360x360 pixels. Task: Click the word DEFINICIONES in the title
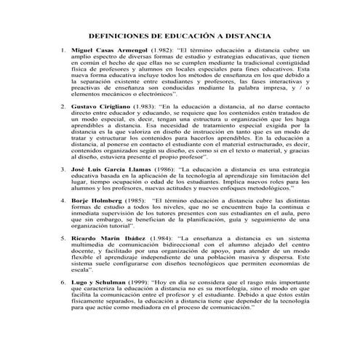pyautogui.click(x=121, y=35)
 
